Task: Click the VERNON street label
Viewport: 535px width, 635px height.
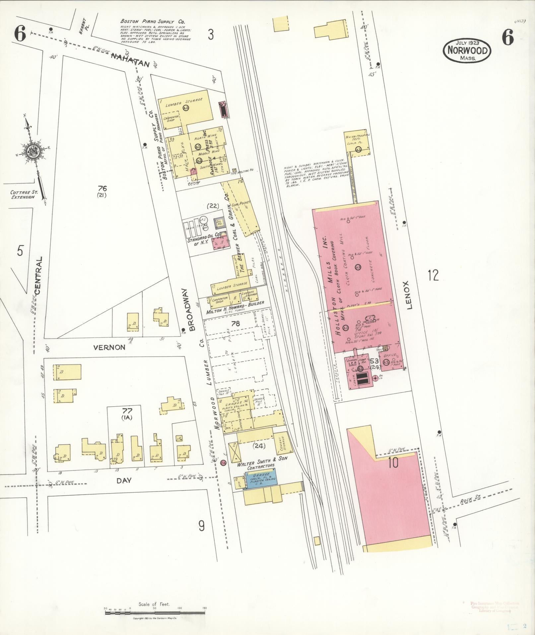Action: click(109, 348)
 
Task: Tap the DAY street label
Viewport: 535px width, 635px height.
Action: click(124, 480)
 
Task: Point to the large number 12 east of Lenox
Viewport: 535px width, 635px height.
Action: click(433, 275)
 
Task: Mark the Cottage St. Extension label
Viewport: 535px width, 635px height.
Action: click(22, 195)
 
